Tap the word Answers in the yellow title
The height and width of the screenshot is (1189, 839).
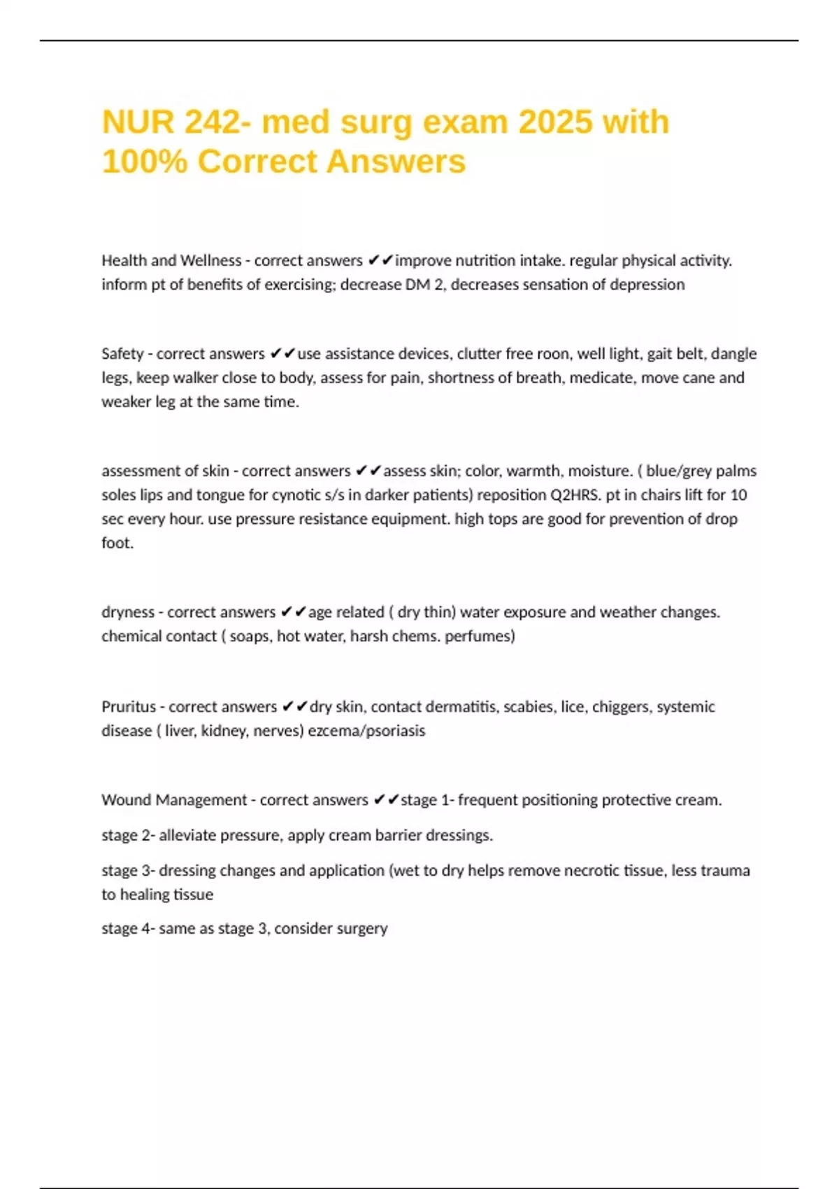coord(396,161)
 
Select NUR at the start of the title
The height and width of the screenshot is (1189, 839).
coord(138,122)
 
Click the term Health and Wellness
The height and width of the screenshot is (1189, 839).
coord(171,261)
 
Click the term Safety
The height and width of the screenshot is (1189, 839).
coord(122,354)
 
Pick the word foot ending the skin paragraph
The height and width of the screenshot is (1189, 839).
coord(116,543)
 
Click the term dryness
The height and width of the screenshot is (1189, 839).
coord(128,612)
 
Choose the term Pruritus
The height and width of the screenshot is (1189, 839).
coord(129,706)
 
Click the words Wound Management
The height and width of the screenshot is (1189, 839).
coord(174,800)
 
